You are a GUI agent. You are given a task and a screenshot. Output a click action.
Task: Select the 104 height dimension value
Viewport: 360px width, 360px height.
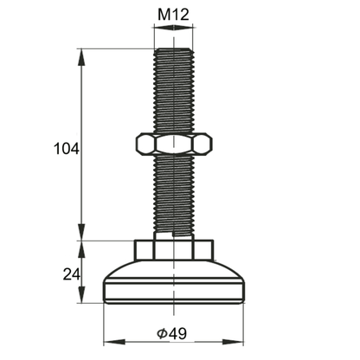(66, 149)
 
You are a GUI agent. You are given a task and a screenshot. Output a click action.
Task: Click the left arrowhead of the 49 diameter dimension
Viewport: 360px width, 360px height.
(108, 336)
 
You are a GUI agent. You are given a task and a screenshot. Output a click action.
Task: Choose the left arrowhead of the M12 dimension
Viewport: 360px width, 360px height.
(158, 28)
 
